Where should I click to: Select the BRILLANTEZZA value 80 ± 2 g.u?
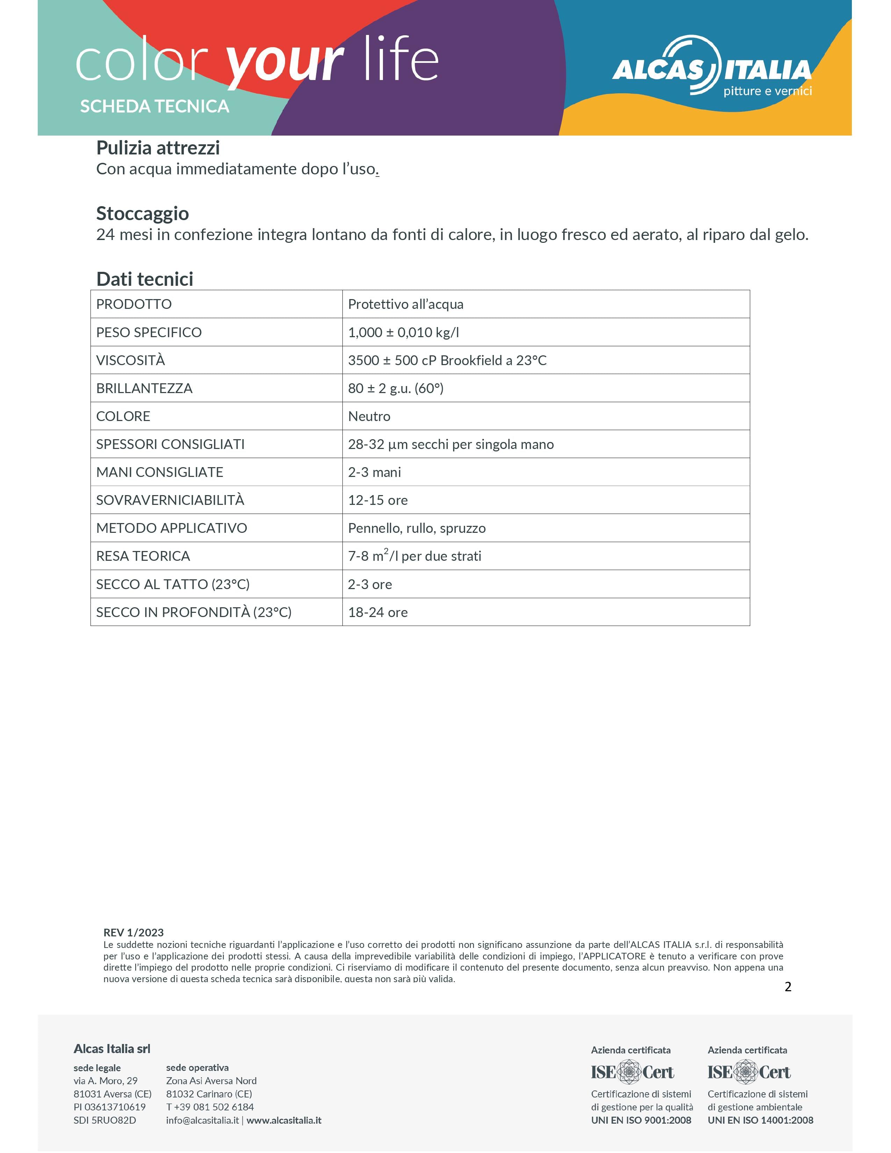pyautogui.click(x=395, y=389)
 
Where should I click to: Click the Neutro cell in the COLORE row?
pyautogui.click(x=369, y=416)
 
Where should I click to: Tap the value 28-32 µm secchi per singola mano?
pyautogui.click(x=450, y=444)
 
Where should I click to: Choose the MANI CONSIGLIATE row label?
pyautogui.click(x=159, y=472)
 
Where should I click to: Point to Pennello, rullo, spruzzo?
pyautogui.click(x=416, y=528)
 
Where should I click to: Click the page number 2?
pyautogui.click(x=788, y=987)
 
